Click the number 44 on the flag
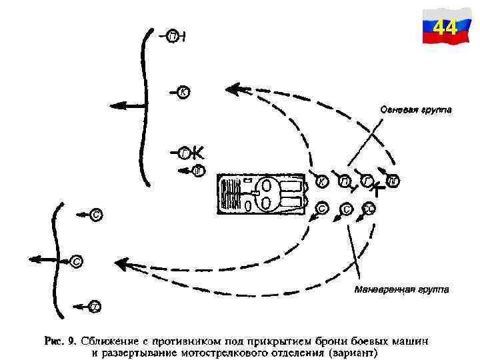445,28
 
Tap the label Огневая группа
415,109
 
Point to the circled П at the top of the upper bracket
173,35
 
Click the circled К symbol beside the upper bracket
183,92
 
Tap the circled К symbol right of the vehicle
321,181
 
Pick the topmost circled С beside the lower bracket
97,215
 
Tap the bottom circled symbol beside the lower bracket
95,307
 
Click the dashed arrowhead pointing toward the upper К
233,87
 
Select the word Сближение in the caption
110,341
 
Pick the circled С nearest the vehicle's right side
321,209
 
